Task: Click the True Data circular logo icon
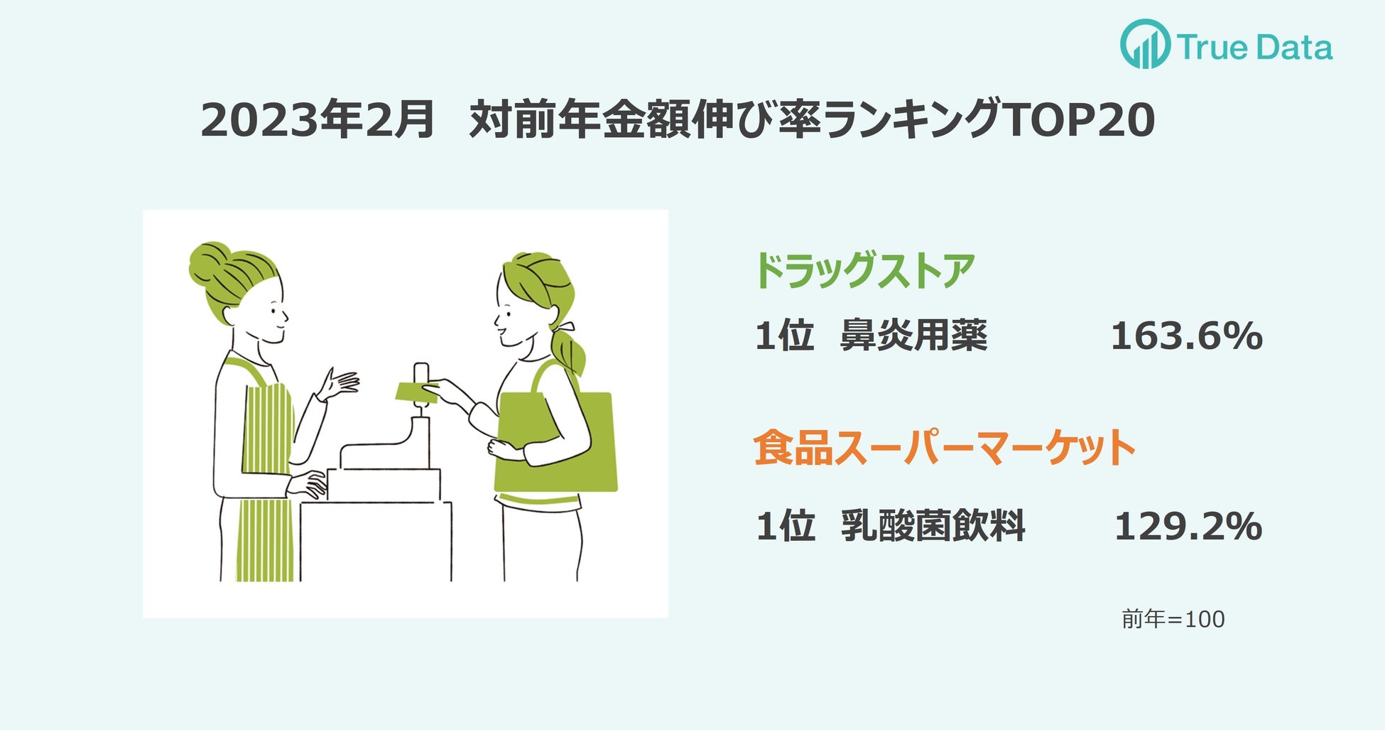tap(1145, 44)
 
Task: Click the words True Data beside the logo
tap(1255, 47)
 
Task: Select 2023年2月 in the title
tap(317, 119)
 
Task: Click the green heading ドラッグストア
tap(864, 271)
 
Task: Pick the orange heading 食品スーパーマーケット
tap(945, 448)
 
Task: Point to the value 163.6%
tap(1187, 336)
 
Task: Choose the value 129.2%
tap(1188, 527)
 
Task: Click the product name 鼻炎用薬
tap(914, 335)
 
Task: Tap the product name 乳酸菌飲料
tap(933, 526)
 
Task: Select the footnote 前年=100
tap(1173, 619)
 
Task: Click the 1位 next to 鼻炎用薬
tap(784, 335)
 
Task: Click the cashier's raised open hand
tap(340, 384)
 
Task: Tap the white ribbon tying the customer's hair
tap(564, 328)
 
